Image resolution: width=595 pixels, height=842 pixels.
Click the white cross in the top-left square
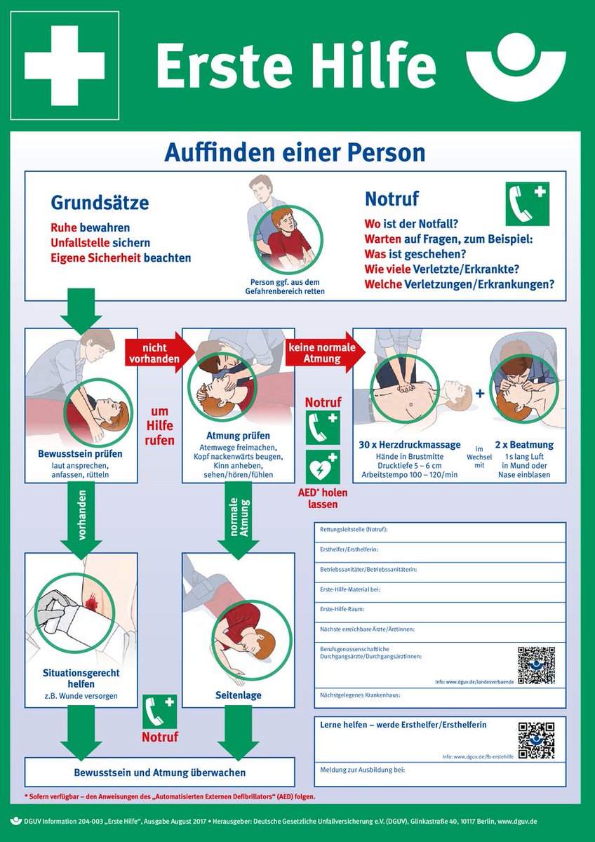(65, 65)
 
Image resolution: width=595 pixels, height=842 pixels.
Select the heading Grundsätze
(100, 203)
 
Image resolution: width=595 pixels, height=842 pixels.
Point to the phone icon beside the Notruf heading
(527, 203)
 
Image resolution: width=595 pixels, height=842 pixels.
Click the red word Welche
(383, 285)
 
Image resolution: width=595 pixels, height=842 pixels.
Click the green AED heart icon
(323, 467)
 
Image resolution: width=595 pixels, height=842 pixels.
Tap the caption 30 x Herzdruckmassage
(410, 445)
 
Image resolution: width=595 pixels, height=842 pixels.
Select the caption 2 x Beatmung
(524, 445)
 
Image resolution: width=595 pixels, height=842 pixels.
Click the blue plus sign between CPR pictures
(480, 394)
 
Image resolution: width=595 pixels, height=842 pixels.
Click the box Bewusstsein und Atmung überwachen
(160, 773)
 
